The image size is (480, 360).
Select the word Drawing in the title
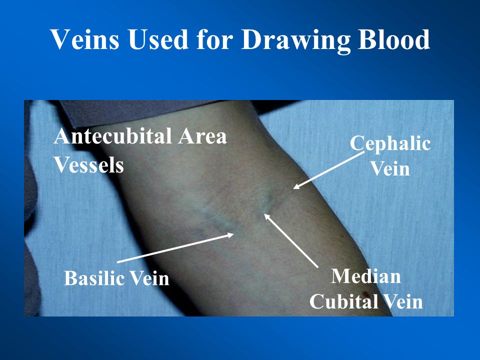tap(295, 41)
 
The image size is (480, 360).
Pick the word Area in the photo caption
tap(202, 135)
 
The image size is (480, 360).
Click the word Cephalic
tap(390, 143)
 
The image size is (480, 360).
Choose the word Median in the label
tap(366, 276)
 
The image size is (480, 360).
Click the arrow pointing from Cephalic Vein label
tap(329, 170)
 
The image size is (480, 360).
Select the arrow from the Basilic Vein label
tap(175, 248)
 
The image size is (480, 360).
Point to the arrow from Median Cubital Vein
tap(291, 240)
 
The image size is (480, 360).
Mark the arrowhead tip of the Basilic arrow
tap(234, 234)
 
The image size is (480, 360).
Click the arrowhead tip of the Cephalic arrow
tap(293, 188)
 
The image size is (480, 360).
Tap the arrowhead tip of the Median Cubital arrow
tap(264, 213)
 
